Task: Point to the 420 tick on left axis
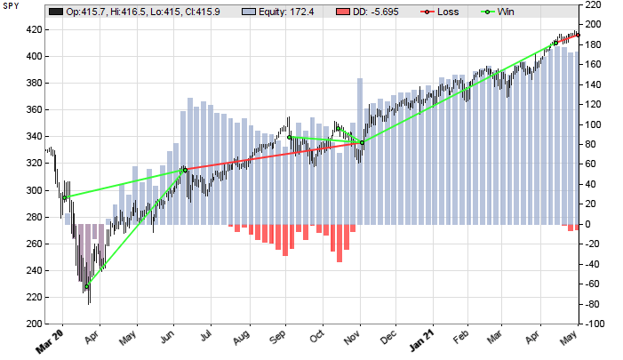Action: point(31,29)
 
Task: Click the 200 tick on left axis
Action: point(31,324)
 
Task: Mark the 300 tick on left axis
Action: point(31,190)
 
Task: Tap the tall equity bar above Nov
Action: point(360,151)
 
